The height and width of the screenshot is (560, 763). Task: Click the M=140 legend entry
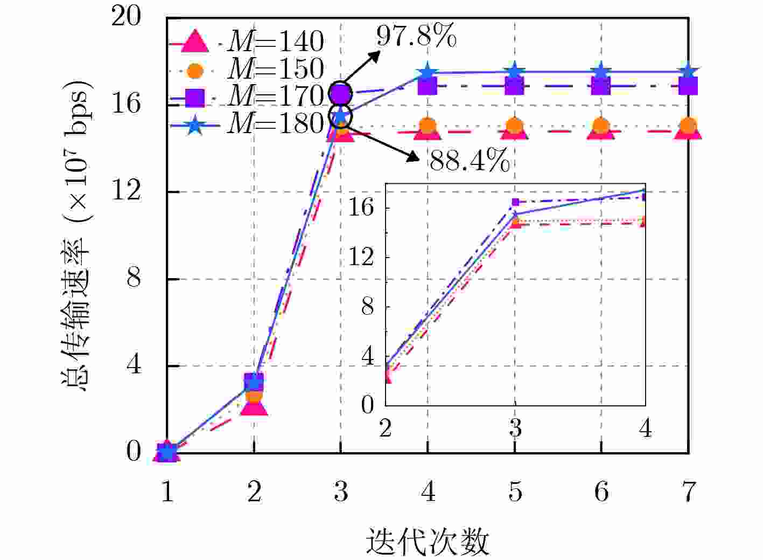tap(247, 42)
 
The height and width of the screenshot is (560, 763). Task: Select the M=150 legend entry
tap(247, 70)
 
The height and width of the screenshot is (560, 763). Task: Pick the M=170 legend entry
tap(247, 97)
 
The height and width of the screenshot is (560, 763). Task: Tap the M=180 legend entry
tap(247, 124)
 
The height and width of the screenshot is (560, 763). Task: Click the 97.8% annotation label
tap(416, 36)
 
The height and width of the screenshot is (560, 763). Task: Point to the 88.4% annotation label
tap(470, 160)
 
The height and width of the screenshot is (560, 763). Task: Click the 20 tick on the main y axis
tap(126, 16)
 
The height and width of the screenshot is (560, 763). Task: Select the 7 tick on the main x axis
tap(688, 492)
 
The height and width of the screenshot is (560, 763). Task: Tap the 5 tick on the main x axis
tap(515, 492)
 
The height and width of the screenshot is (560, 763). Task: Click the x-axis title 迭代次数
tap(428, 542)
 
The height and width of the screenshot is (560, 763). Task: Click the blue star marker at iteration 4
tap(428, 72)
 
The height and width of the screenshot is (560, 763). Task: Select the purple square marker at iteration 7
tap(688, 86)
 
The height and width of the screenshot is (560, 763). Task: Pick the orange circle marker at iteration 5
tap(515, 126)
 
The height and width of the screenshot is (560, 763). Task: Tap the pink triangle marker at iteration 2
tap(254, 405)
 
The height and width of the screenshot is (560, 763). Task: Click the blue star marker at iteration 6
tap(601, 72)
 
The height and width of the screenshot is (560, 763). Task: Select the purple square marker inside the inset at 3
tap(515, 202)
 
